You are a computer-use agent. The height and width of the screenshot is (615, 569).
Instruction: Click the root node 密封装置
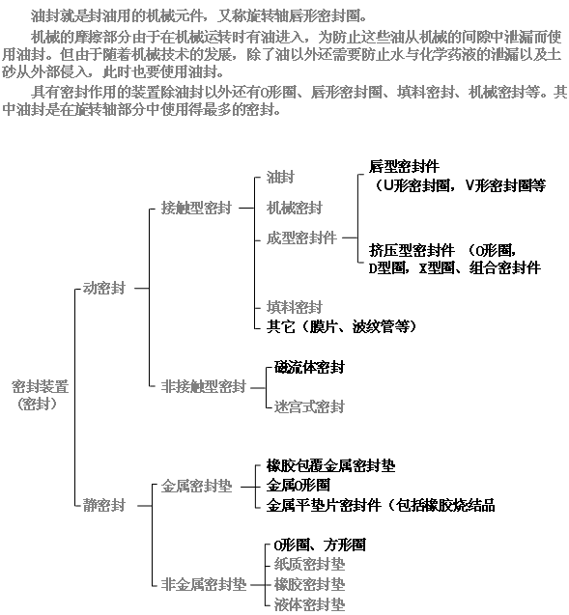coord(41,387)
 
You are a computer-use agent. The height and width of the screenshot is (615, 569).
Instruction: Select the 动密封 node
coord(104,289)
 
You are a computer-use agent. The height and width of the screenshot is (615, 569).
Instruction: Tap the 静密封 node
coord(104,505)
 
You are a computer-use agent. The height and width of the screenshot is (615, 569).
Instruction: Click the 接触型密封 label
coord(196,208)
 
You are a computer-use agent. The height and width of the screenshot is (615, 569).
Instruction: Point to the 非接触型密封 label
coord(204,387)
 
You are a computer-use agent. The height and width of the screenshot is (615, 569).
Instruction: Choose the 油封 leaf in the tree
coord(280,178)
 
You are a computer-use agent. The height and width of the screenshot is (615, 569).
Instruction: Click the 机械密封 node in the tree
coord(295,208)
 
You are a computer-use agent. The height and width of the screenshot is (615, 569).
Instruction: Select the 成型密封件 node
coord(301,238)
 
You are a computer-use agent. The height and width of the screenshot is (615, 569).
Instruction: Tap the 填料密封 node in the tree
coord(295,307)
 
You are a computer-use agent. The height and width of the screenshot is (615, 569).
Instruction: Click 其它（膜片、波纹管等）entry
coord(341,326)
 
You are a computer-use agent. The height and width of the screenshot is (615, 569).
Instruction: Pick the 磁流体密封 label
coord(309,367)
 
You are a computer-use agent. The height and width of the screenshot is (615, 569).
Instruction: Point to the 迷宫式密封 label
coord(309,406)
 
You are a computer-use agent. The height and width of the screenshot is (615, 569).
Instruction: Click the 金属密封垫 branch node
coord(196,487)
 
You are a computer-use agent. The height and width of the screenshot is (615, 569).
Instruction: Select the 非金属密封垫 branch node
coord(204,584)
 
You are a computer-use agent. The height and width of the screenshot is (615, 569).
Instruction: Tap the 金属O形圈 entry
coord(298,486)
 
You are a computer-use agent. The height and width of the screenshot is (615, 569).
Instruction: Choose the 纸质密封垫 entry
coord(309,565)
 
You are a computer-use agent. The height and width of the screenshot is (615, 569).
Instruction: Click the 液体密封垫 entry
coord(309,604)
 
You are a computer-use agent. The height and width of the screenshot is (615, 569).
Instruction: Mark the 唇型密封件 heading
coord(404,166)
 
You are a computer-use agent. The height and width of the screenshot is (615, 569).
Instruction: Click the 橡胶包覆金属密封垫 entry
coord(330,466)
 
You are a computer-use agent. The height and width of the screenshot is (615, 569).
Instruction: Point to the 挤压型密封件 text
coord(412,250)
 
